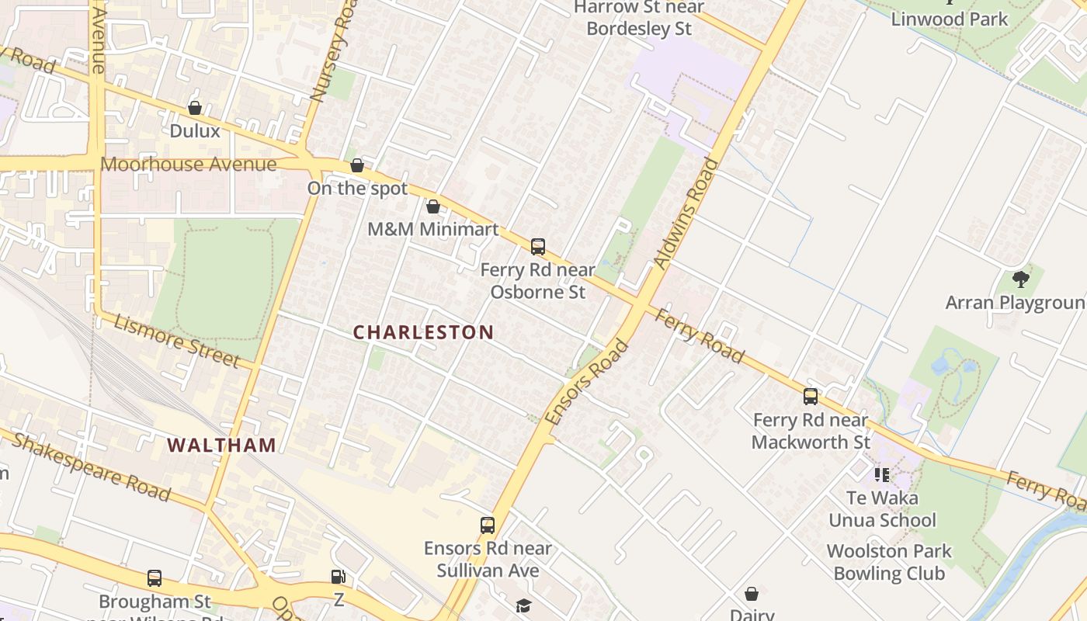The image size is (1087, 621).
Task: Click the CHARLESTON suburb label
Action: pyautogui.click(x=423, y=332)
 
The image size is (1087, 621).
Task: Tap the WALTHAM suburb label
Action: pyautogui.click(x=222, y=445)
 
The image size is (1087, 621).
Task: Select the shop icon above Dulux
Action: pyautogui.click(x=195, y=108)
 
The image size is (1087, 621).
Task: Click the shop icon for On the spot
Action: pyautogui.click(x=357, y=165)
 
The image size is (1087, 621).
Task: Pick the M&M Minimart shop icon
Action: pyautogui.click(x=433, y=206)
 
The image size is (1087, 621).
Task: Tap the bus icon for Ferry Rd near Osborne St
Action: pyautogui.click(x=538, y=247)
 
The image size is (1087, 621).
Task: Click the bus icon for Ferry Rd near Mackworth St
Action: pyautogui.click(x=811, y=397)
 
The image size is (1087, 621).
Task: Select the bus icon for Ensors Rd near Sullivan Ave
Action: pyautogui.click(x=488, y=526)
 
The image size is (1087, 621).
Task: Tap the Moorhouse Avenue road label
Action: pyautogui.click(x=189, y=165)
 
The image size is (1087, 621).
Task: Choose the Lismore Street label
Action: pyautogui.click(x=176, y=340)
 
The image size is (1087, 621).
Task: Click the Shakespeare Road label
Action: pyautogui.click(x=92, y=467)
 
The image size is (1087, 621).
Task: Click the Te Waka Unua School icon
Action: pyautogui.click(x=881, y=474)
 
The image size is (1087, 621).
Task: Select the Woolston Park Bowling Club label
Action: pyautogui.click(x=889, y=563)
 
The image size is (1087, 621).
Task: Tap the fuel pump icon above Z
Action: pyautogui.click(x=339, y=577)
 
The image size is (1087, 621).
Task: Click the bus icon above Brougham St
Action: pyautogui.click(x=155, y=578)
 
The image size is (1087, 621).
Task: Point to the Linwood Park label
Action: pyautogui.click(x=950, y=19)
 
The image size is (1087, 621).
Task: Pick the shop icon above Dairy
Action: pyautogui.click(x=752, y=594)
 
